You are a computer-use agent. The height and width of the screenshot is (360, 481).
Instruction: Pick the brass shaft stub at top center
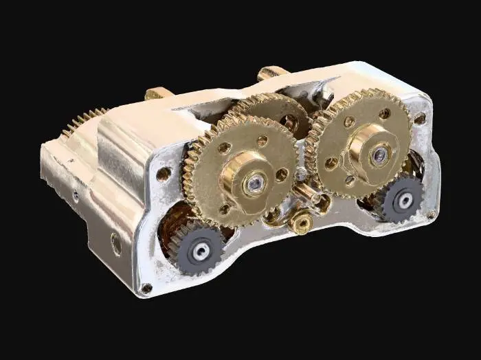269,73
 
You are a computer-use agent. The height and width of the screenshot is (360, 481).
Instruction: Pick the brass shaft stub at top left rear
156,93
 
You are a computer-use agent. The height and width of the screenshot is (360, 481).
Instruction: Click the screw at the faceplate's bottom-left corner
146,288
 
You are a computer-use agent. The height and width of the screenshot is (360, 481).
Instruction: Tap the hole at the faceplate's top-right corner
420,118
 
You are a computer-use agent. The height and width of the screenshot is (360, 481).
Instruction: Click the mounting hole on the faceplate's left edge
164,174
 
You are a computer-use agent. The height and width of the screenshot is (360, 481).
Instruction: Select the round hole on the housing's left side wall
116,243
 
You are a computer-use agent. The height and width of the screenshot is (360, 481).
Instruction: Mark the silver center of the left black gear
200,251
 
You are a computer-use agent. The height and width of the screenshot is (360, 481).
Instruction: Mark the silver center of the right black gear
405,199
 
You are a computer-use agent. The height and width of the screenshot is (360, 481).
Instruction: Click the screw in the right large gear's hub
378,155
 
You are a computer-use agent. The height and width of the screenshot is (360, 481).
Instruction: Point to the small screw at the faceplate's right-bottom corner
431,214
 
